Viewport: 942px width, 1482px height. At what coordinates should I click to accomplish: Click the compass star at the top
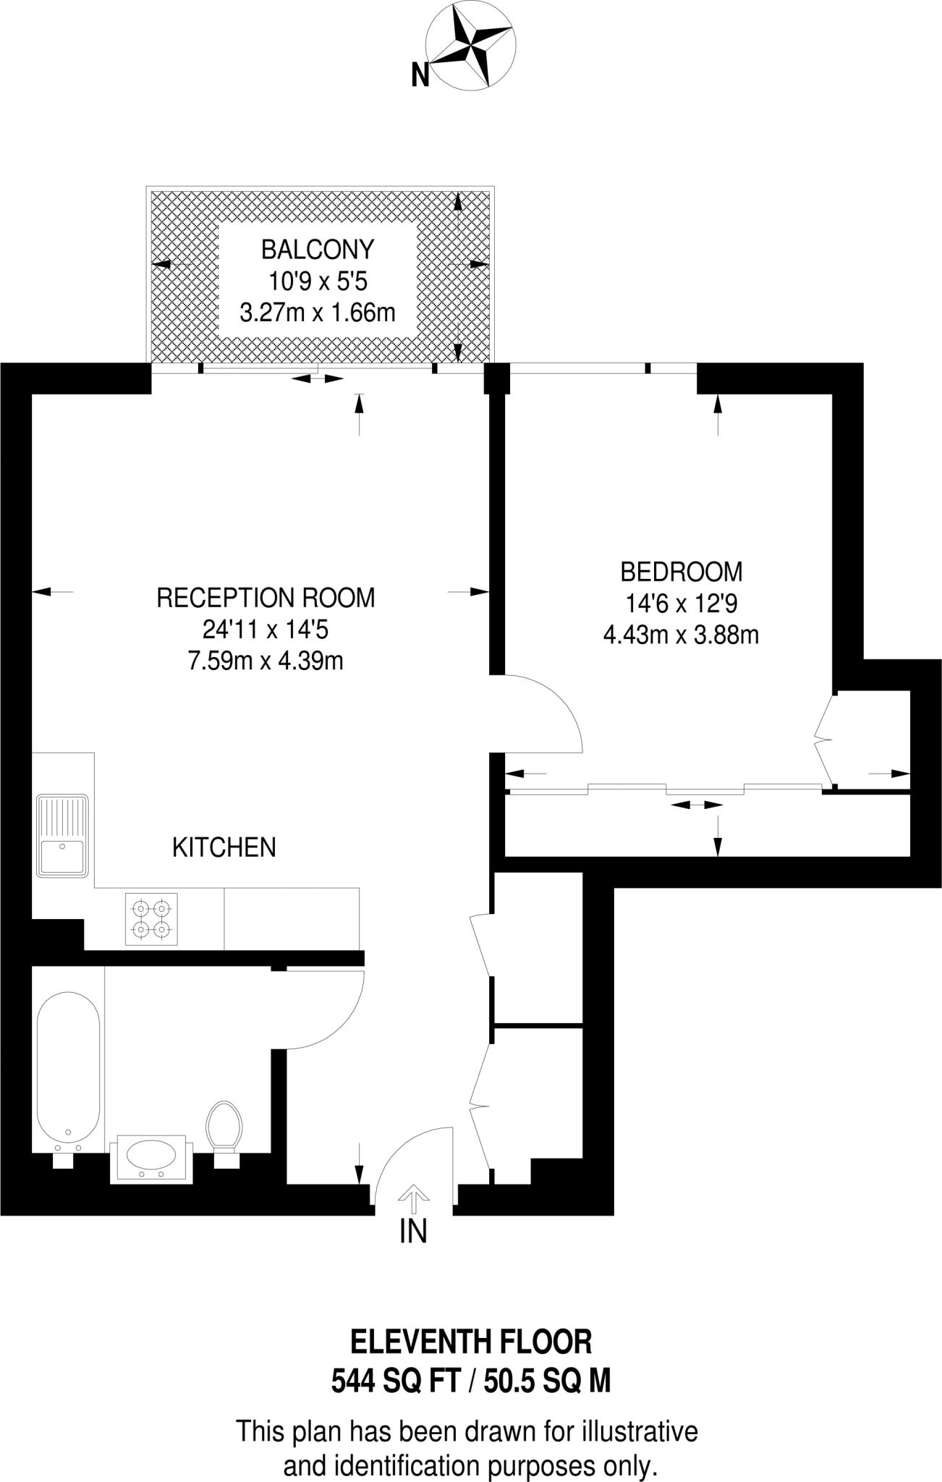pyautogui.click(x=470, y=45)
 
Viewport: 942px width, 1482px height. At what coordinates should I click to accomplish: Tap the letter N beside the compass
pyautogui.click(x=420, y=75)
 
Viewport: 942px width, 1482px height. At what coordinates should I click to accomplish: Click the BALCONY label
pyautogui.click(x=318, y=250)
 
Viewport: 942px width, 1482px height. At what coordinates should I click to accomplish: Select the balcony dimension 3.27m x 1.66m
pyautogui.click(x=318, y=313)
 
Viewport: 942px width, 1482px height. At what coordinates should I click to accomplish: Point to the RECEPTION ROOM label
pyautogui.click(x=266, y=598)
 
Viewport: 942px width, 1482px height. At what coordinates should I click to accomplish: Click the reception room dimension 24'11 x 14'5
pyautogui.click(x=266, y=630)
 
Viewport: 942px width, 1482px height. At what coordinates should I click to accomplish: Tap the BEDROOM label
pyautogui.click(x=681, y=572)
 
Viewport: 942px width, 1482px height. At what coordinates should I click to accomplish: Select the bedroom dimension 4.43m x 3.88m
pyautogui.click(x=681, y=635)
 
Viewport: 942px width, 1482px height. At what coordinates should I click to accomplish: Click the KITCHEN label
pyautogui.click(x=224, y=847)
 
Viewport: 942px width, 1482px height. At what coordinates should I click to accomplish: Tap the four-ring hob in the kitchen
pyautogui.click(x=151, y=919)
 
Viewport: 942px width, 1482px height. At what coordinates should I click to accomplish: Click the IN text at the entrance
pyautogui.click(x=413, y=1231)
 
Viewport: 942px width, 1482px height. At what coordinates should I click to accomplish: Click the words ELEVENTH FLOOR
pyautogui.click(x=471, y=1342)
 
